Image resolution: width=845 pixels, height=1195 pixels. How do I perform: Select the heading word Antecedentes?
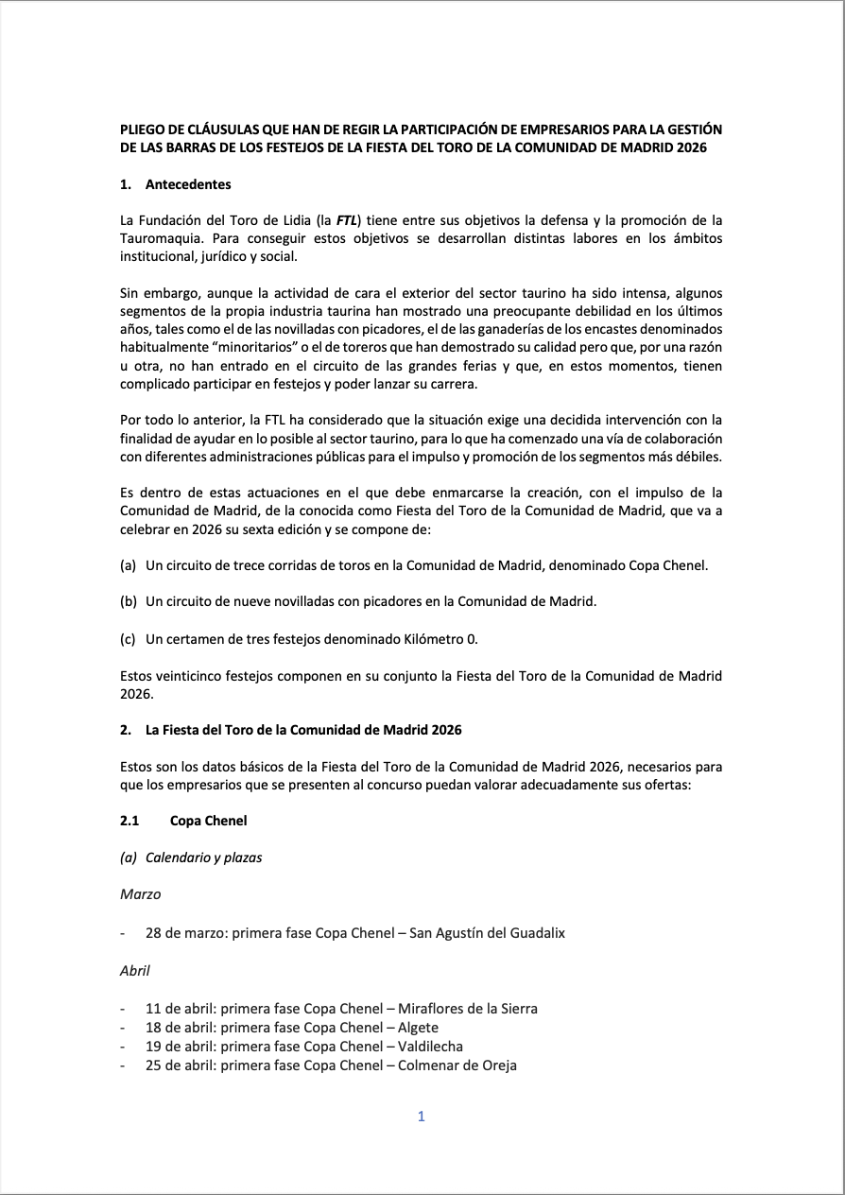(188, 184)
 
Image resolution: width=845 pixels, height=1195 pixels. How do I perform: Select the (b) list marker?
(129, 601)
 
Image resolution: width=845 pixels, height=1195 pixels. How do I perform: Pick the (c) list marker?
(129, 639)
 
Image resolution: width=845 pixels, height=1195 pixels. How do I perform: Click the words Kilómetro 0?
(438, 639)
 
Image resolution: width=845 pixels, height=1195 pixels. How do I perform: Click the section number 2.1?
(129, 821)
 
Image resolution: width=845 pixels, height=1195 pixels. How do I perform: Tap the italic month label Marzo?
(141, 894)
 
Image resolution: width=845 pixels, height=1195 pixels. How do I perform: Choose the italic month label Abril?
(135, 970)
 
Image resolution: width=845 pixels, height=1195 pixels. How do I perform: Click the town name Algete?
(419, 1028)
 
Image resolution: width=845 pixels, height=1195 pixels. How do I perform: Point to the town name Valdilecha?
(431, 1047)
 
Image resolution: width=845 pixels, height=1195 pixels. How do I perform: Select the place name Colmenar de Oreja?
(457, 1065)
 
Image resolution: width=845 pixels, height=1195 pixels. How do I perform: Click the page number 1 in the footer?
(422, 1117)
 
